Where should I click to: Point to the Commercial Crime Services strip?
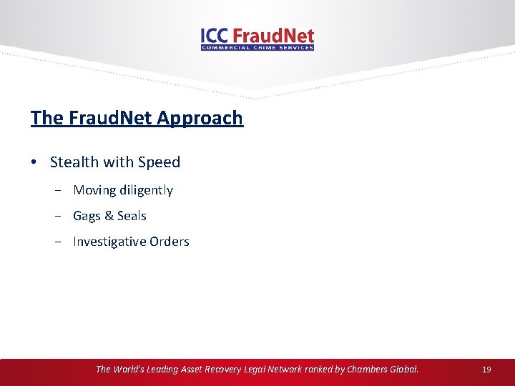[257, 48]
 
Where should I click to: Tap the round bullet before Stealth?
[34, 162]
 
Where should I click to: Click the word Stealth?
[74, 162]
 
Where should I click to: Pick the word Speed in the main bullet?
[160, 162]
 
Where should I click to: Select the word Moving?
[94, 190]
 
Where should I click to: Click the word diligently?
[147, 190]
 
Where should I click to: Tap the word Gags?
[87, 216]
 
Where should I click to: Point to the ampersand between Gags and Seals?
[109, 216]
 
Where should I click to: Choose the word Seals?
[132, 216]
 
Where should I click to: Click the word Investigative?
[109, 242]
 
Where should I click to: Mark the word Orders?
[170, 242]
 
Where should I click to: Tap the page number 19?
[486, 370]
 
